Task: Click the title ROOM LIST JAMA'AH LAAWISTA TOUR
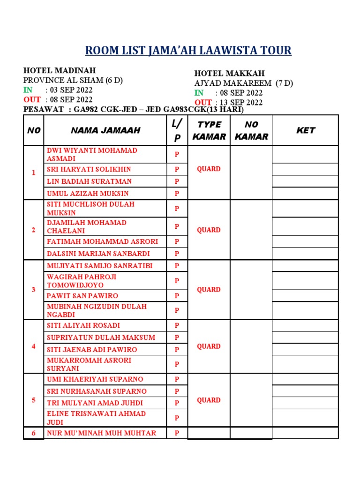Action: pos(188,50)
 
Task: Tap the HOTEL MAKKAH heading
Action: pos(230,73)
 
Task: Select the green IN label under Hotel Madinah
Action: pos(28,90)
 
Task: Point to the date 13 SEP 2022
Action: pos(241,103)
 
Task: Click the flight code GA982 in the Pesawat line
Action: pos(82,109)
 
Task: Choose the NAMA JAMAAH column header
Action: pos(105,130)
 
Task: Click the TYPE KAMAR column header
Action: pos(209,130)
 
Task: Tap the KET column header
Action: pos(306,130)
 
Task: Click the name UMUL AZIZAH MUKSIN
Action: pos(88,193)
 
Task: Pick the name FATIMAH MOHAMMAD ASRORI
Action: pos(102,241)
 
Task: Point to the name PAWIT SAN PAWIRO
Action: pos(82,296)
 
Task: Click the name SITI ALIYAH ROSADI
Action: pos(83,325)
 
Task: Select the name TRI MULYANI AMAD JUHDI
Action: pos(95,403)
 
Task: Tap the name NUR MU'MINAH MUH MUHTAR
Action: pos(101,433)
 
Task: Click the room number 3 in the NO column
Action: pos(33,290)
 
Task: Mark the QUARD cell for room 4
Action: pos(209,346)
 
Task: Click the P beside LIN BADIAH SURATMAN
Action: pos(177,181)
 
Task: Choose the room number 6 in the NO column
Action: pos(33,433)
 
